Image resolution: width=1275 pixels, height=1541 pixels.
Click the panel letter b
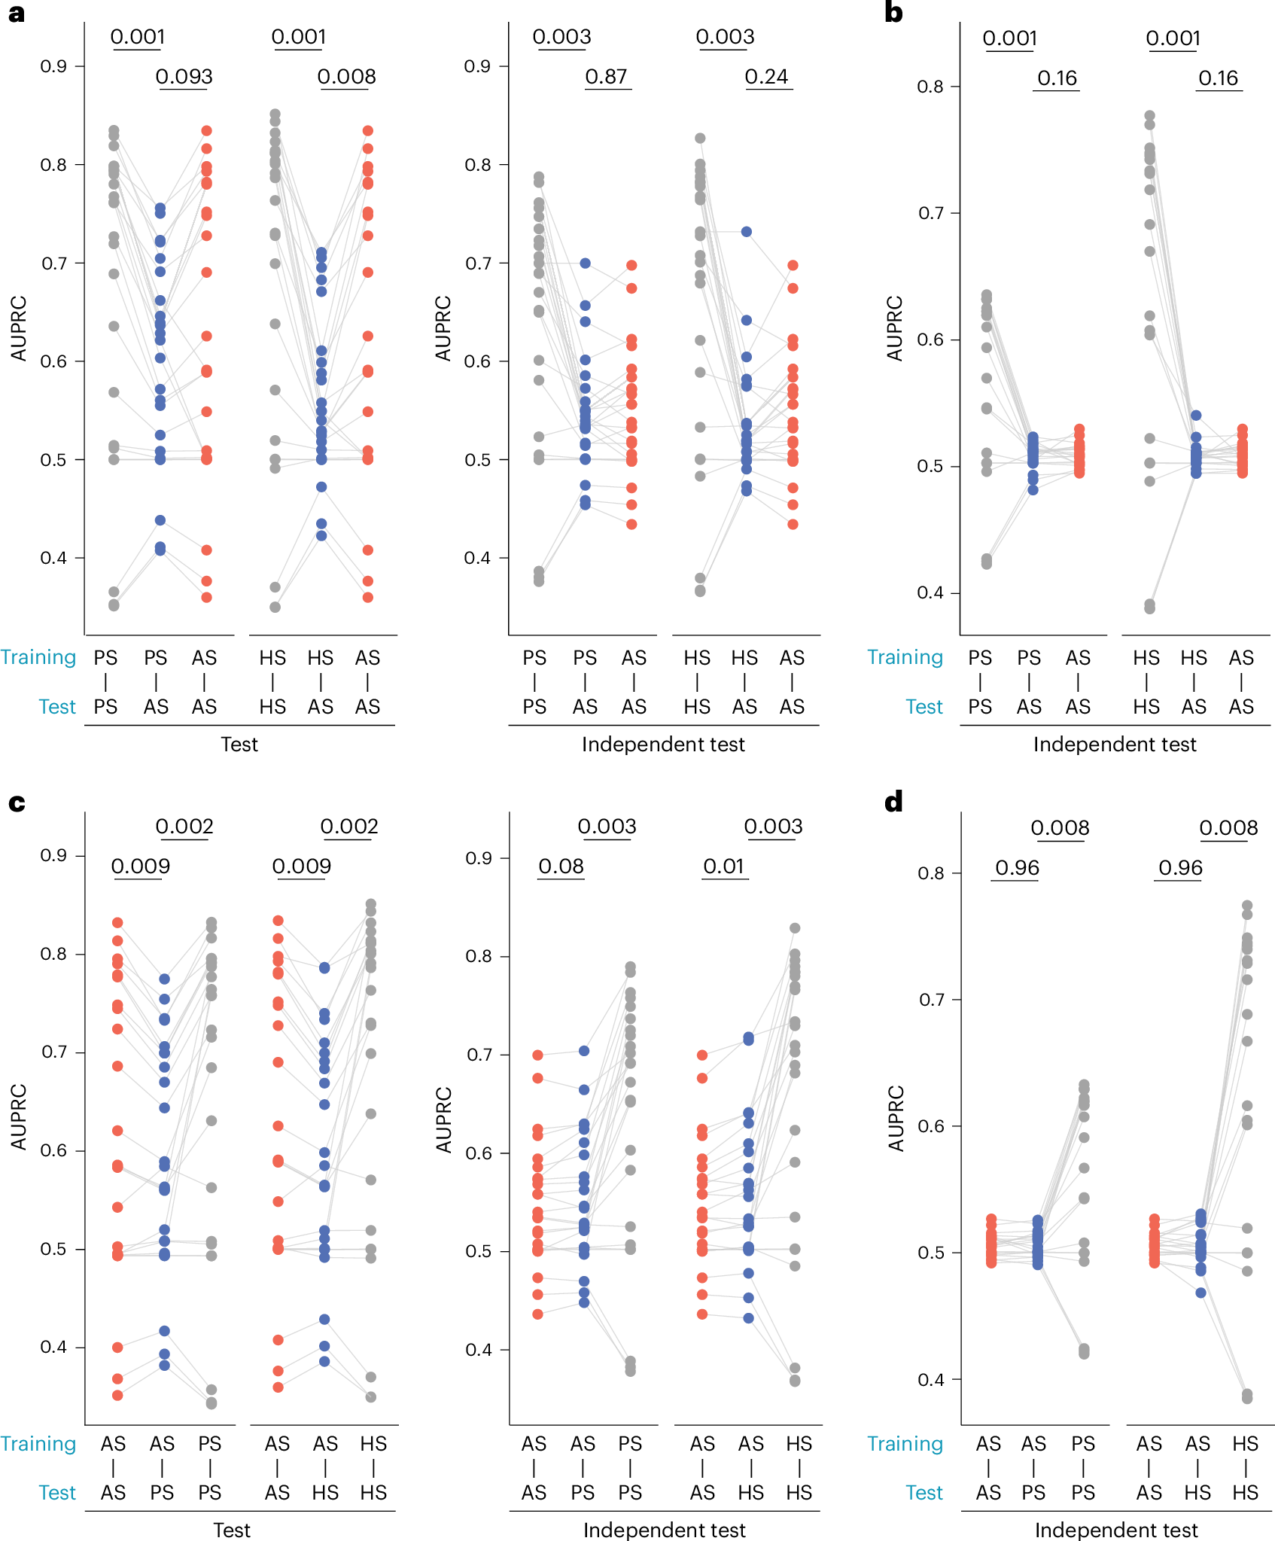click(x=893, y=14)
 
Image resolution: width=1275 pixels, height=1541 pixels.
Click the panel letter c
click(x=16, y=803)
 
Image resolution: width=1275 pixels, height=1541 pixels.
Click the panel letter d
click(x=893, y=802)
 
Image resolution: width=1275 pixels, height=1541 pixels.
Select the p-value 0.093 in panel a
click(x=184, y=77)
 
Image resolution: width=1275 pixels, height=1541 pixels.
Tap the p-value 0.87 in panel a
click(x=607, y=77)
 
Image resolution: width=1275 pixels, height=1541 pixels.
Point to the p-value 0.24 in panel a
click(x=766, y=77)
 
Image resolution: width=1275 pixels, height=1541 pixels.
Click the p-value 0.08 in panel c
click(x=561, y=866)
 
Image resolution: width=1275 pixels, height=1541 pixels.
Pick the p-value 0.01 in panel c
click(x=723, y=866)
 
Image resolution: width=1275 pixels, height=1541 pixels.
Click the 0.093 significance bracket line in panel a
click(x=184, y=90)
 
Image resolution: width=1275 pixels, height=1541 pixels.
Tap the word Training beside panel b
click(x=905, y=657)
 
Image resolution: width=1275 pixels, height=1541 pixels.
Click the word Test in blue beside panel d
click(x=924, y=1493)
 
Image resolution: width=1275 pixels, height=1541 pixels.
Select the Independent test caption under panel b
click(x=1114, y=745)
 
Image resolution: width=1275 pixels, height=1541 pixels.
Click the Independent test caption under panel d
click(x=1115, y=1530)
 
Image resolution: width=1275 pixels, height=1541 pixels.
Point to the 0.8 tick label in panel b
click(x=930, y=87)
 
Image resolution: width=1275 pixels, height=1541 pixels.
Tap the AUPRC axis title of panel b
click(x=894, y=328)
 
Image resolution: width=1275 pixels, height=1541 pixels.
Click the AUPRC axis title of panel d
click(x=896, y=1118)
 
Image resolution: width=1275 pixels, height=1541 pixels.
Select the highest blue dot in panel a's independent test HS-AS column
click(x=746, y=232)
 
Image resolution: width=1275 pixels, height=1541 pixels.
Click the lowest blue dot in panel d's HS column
click(x=1201, y=1293)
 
